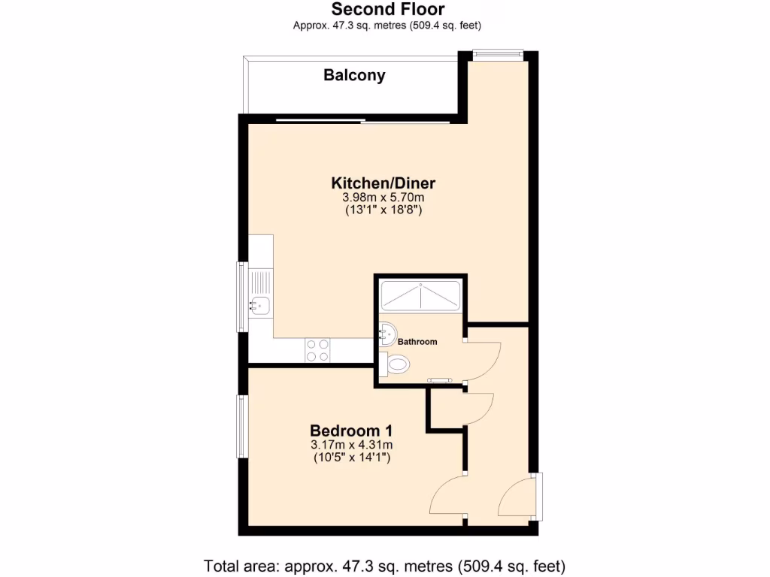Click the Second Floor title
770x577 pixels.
click(x=387, y=10)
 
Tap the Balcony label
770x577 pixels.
click(x=354, y=75)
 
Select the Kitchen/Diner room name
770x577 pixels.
click(x=383, y=183)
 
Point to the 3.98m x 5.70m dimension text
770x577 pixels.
click(x=383, y=198)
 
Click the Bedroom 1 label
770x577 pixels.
click(x=351, y=431)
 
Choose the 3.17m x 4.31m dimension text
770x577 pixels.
click(x=351, y=445)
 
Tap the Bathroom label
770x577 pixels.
click(x=417, y=342)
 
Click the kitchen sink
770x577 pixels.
click(x=261, y=305)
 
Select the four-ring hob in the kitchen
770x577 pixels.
click(x=317, y=349)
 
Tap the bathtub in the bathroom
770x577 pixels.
click(x=420, y=295)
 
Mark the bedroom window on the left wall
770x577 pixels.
click(x=242, y=426)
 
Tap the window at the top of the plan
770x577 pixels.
click(x=497, y=53)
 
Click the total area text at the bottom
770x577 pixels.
click(x=384, y=565)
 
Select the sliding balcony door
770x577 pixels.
click(x=362, y=121)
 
